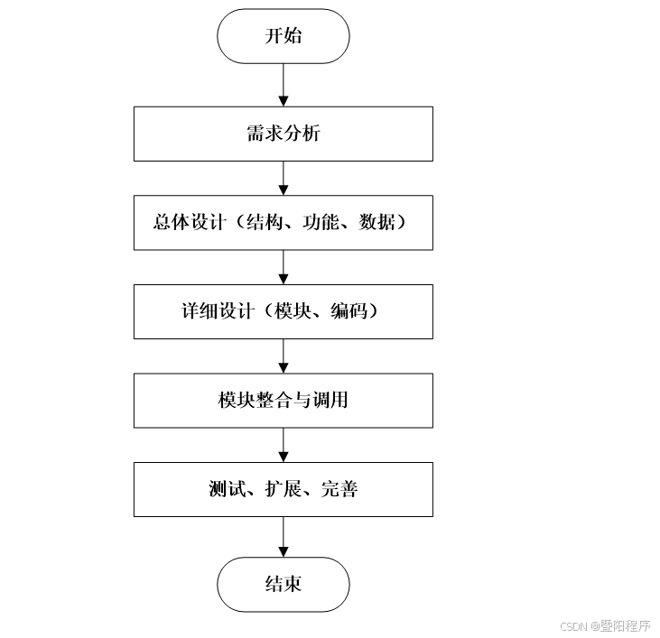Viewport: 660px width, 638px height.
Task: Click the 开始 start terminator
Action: pyautogui.click(x=283, y=36)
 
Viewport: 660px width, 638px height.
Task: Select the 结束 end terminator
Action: pyautogui.click(x=283, y=584)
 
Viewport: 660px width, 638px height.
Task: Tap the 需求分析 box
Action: pyautogui.click(x=283, y=134)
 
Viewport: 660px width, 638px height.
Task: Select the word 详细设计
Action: pyautogui.click(x=214, y=311)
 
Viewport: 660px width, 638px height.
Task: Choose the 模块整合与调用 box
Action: pyautogui.click(x=283, y=400)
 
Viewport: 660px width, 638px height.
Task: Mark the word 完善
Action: pyautogui.click(x=339, y=489)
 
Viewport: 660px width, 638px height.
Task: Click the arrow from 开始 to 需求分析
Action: pyautogui.click(x=284, y=85)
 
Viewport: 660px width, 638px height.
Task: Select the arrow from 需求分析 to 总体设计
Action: pyautogui.click(x=284, y=178)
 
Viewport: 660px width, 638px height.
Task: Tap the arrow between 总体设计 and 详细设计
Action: pyautogui.click(x=284, y=267)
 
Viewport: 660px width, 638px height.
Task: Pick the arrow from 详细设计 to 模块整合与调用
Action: pyautogui.click(x=284, y=356)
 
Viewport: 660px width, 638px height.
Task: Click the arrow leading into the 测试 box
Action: pyautogui.click(x=284, y=445)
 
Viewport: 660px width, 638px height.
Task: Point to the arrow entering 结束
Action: pyautogui.click(x=284, y=537)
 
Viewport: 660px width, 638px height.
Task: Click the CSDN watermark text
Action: pyautogui.click(x=604, y=625)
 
